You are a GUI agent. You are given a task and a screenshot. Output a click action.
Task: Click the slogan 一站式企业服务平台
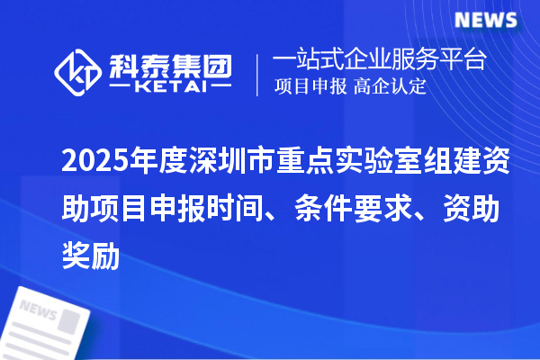coord(380,61)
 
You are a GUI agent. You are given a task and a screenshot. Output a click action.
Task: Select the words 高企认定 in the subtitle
coord(390,87)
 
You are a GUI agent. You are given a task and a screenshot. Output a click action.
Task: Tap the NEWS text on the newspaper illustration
coord(38,309)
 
